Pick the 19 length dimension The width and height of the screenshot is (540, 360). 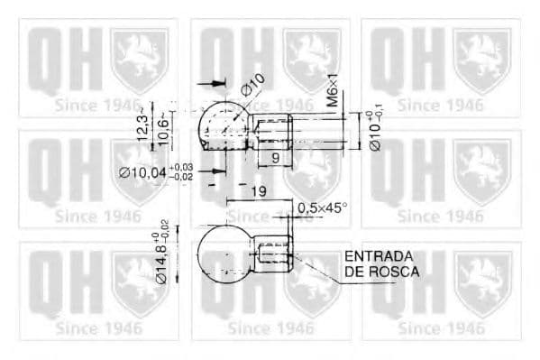coord(257,191)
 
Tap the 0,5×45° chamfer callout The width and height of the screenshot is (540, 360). coord(322,208)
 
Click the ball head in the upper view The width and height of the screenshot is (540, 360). coord(224,126)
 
